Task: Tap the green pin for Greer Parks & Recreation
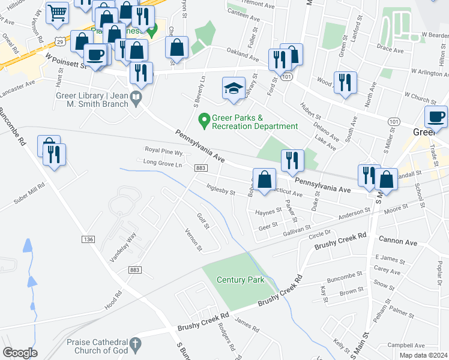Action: pos(204,121)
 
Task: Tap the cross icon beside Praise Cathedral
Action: pos(136,345)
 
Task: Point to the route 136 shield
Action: pos(88,239)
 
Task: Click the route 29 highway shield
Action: pos(59,40)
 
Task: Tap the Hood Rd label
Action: pos(112,299)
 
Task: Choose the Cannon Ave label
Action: pos(397,242)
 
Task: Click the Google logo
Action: pos(20,353)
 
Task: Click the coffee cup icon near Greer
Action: pos(436,117)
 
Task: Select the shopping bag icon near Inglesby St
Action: pos(264,179)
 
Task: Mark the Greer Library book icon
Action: pos(136,97)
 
